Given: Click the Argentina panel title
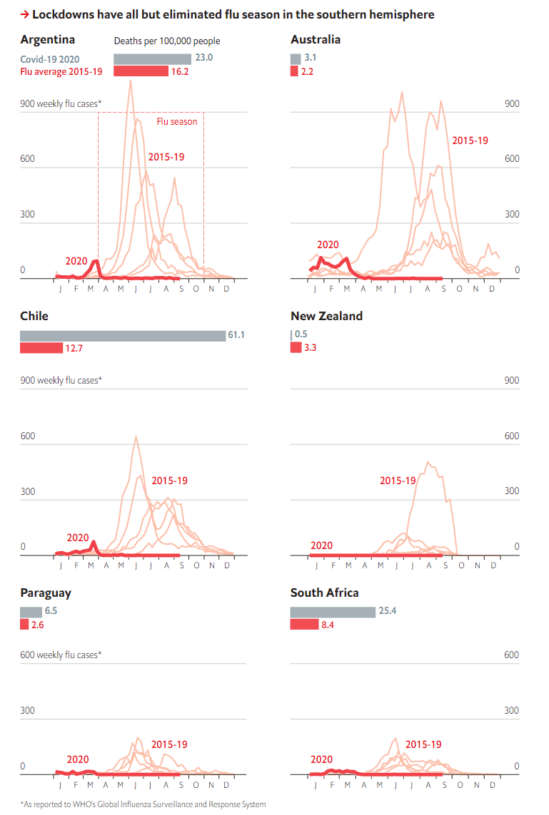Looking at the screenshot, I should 48,39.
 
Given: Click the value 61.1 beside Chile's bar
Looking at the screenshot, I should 236,335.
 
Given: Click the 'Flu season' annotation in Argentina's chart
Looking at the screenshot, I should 177,121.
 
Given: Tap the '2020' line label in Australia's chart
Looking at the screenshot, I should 328,245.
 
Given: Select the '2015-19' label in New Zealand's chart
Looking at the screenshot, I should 398,481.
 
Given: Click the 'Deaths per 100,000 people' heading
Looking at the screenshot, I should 167,41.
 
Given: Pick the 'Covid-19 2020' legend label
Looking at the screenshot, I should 50,59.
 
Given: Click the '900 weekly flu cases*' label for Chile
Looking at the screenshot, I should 61,380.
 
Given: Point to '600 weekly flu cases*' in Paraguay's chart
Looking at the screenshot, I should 61,655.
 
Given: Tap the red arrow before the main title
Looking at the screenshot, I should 24,14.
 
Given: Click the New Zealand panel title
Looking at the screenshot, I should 326,316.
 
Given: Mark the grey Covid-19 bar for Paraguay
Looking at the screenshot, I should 31,612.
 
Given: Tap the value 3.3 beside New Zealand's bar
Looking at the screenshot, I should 311,348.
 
